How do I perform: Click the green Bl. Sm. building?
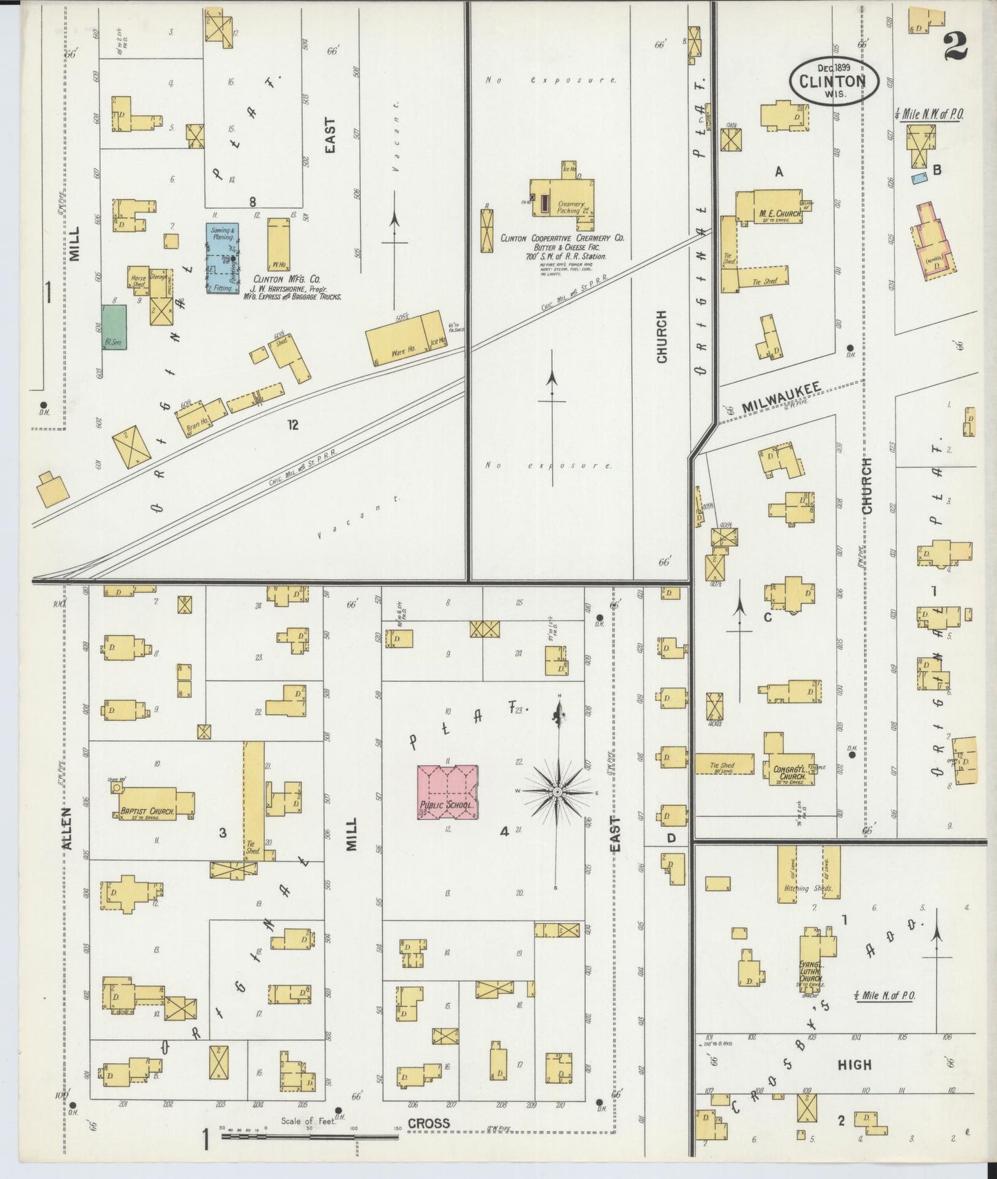pos(115,328)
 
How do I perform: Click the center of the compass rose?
pos(556,792)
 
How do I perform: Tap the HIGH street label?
pos(854,1065)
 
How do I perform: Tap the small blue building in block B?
pos(918,179)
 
